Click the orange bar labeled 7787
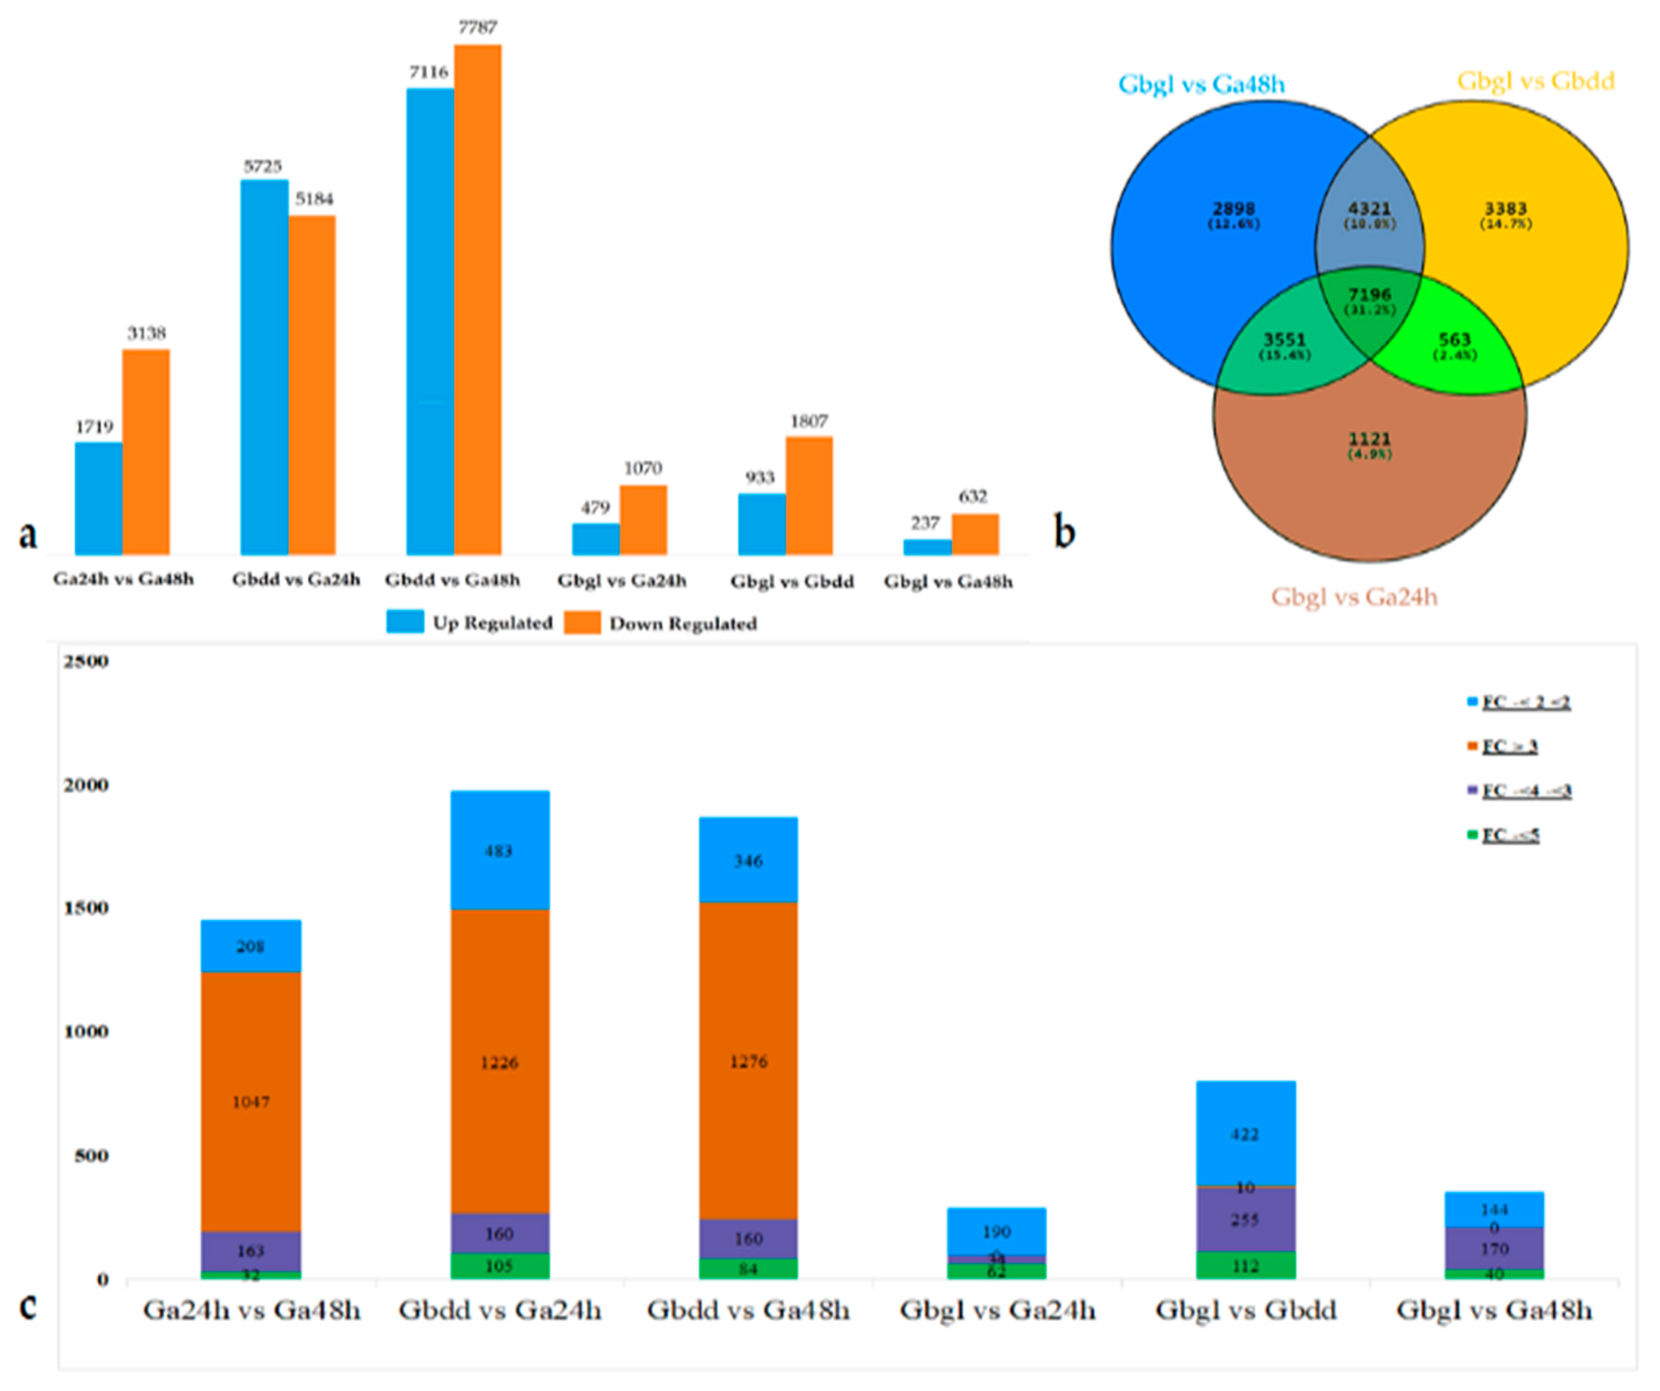(478, 301)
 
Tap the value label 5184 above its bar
(314, 198)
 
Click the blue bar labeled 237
(927, 547)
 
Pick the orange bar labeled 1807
(808, 496)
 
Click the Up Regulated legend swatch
(405, 622)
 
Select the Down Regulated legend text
(683, 624)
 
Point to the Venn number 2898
(1233, 210)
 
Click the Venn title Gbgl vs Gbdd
(1535, 81)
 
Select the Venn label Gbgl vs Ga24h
(1354, 597)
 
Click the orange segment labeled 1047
(251, 1102)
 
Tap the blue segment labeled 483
(500, 851)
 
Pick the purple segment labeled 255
(1246, 1219)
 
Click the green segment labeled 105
(500, 1266)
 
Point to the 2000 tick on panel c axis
(86, 785)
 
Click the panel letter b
(1065, 532)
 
